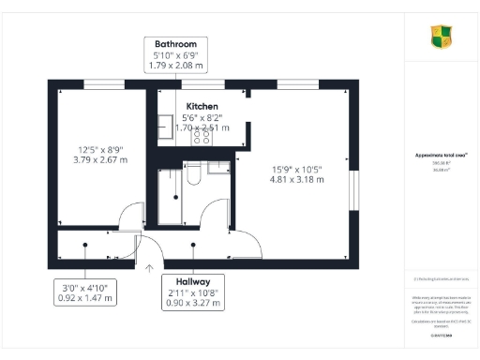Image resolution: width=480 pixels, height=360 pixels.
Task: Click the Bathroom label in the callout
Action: pos(175,44)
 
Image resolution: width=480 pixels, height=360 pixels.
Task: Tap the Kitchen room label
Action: pos(202,107)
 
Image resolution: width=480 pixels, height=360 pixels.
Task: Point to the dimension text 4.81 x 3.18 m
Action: pos(296,181)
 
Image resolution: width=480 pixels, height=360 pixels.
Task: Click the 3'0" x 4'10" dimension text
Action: pos(85,287)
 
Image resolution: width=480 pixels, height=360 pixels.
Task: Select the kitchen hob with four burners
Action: pos(202,135)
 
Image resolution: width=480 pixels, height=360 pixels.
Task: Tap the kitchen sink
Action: pos(165,126)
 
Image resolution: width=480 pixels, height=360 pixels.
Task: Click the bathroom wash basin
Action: pos(217,169)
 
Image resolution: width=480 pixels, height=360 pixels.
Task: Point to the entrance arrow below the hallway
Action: pos(149,268)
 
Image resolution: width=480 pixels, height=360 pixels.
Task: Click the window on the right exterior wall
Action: pos(353,191)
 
